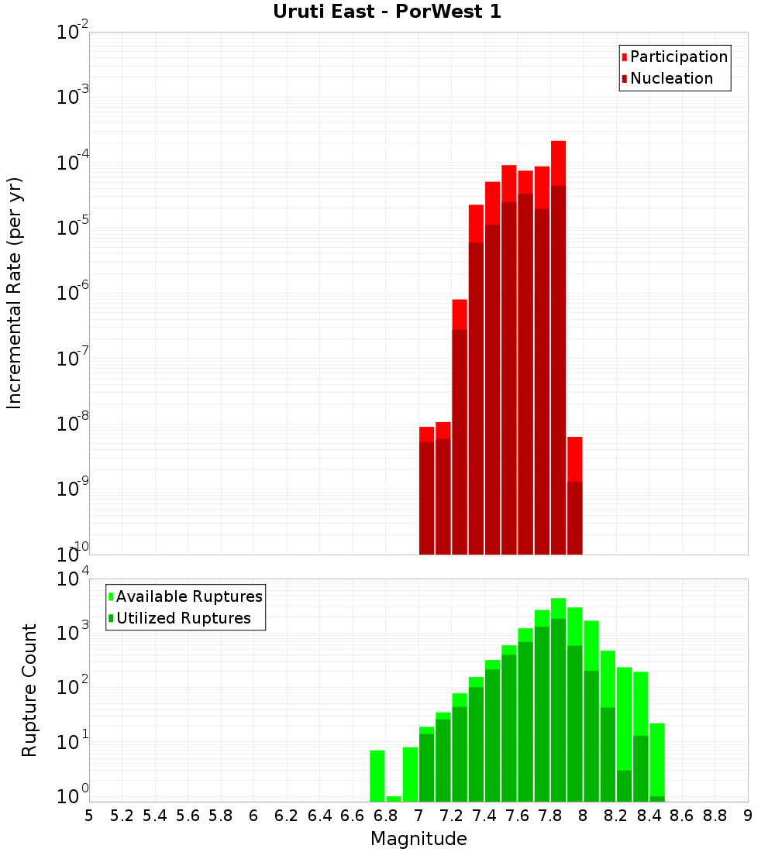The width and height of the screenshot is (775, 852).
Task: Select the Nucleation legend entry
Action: pyautogui.click(x=670, y=78)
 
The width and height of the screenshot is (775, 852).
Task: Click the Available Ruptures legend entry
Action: pyautogui.click(x=188, y=596)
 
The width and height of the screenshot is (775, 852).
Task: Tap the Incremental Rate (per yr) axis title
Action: pyautogui.click(x=15, y=294)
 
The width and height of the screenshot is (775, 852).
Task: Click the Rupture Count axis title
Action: pyautogui.click(x=29, y=690)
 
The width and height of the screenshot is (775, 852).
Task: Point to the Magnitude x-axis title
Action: pyautogui.click(x=418, y=839)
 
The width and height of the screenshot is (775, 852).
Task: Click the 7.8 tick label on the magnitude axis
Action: pyautogui.click(x=550, y=816)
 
